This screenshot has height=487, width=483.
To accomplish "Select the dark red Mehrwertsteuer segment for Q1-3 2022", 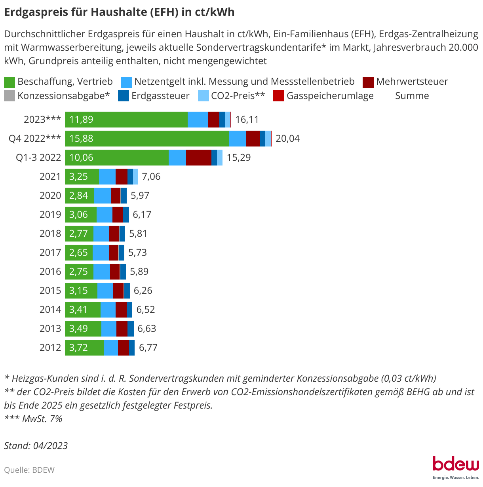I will (x=198, y=158).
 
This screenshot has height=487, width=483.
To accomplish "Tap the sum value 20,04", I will (x=287, y=139).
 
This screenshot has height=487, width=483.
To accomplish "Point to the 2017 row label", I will (x=50, y=253).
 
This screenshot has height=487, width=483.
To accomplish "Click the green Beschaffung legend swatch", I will (x=10, y=82).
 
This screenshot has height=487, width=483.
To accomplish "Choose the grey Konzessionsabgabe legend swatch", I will (x=10, y=96).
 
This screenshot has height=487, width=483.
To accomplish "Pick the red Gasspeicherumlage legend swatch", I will (x=279, y=96).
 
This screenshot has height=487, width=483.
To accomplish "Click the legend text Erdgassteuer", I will (x=160, y=96).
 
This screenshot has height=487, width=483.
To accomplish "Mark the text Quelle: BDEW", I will (x=29, y=470).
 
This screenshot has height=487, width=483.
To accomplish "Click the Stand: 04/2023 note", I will (x=36, y=445).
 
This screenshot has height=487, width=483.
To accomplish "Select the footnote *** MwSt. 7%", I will (x=33, y=419).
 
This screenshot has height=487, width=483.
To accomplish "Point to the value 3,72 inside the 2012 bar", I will (x=78, y=348).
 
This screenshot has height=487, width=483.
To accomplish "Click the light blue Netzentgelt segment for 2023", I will (x=198, y=120).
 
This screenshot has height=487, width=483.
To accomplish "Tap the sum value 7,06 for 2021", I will (x=151, y=177).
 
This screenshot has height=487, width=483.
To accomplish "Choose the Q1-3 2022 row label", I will (x=38, y=158).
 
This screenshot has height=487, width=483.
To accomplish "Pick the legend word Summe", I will (x=412, y=96).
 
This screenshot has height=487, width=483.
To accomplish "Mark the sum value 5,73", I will (x=137, y=253).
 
